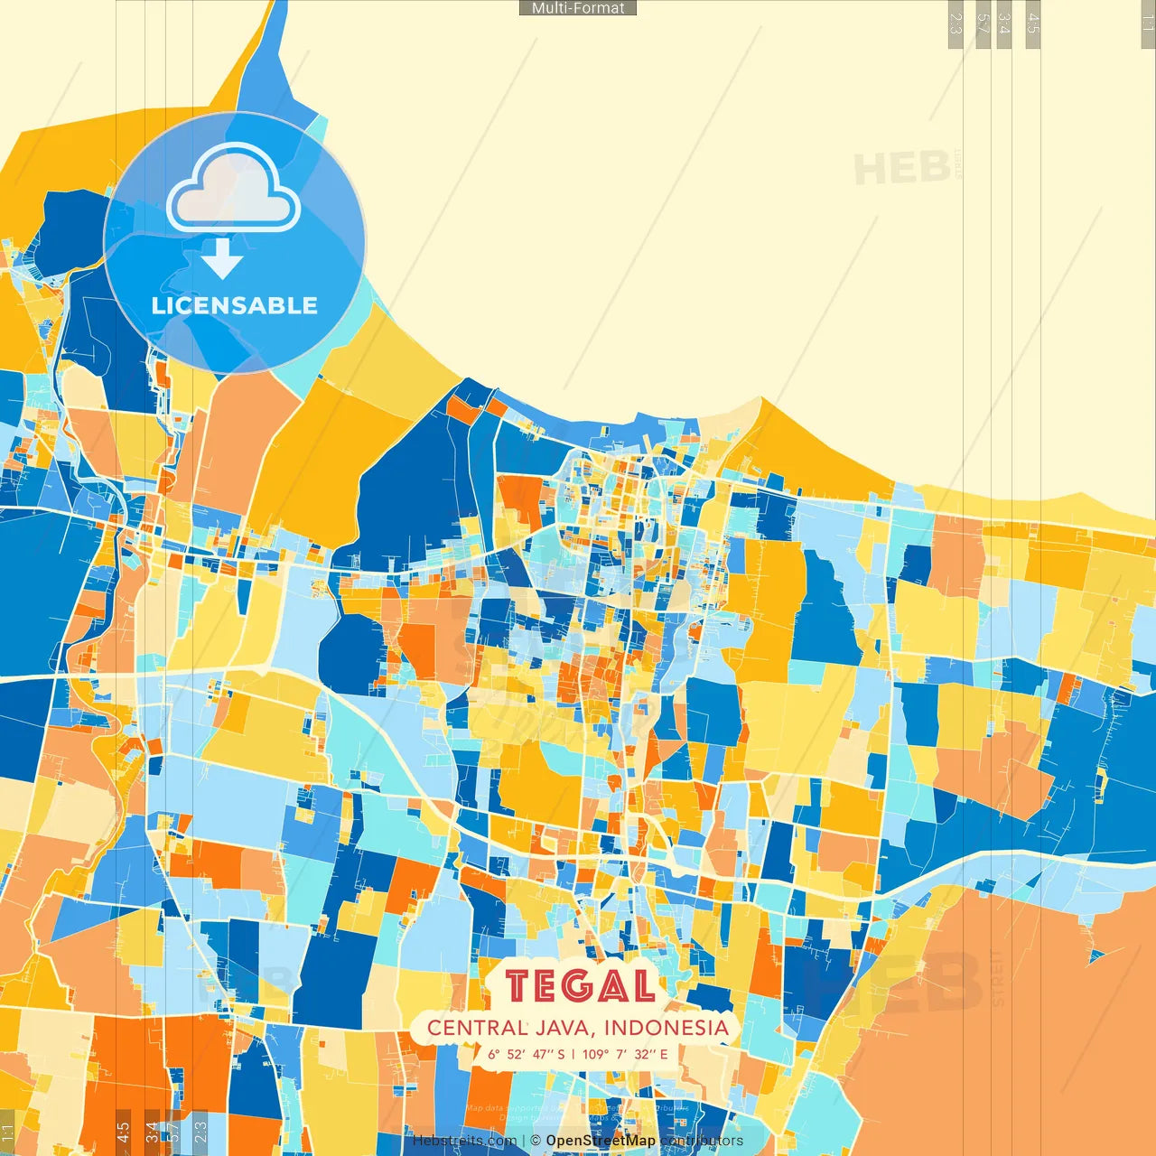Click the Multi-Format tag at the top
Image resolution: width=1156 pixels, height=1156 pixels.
coord(578,8)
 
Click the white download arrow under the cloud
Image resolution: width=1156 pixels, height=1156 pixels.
coord(222,259)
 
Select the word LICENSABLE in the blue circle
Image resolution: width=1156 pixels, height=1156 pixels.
coord(235,305)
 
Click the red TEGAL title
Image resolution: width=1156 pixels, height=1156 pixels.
coord(580,986)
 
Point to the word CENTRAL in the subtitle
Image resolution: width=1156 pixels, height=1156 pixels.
coord(478,1028)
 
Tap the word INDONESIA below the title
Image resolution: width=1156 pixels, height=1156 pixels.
coord(666,1028)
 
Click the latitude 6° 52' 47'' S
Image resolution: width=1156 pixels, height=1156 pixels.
coord(527,1054)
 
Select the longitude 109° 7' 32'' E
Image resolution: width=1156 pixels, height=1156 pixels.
coord(625,1054)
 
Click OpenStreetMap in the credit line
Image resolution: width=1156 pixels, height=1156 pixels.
coord(600,1141)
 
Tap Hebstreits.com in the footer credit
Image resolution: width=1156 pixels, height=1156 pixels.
coord(465,1141)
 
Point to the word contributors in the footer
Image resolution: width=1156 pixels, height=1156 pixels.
coord(702,1141)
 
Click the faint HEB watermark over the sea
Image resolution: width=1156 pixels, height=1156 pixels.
coord(901,169)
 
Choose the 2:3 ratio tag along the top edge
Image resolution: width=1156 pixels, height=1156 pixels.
coord(956,23)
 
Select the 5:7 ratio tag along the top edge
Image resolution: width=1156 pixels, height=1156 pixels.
coord(983,23)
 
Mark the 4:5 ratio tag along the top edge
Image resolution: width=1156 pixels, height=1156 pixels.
coord(1033,23)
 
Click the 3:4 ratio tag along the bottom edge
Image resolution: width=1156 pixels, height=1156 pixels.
coord(152,1132)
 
